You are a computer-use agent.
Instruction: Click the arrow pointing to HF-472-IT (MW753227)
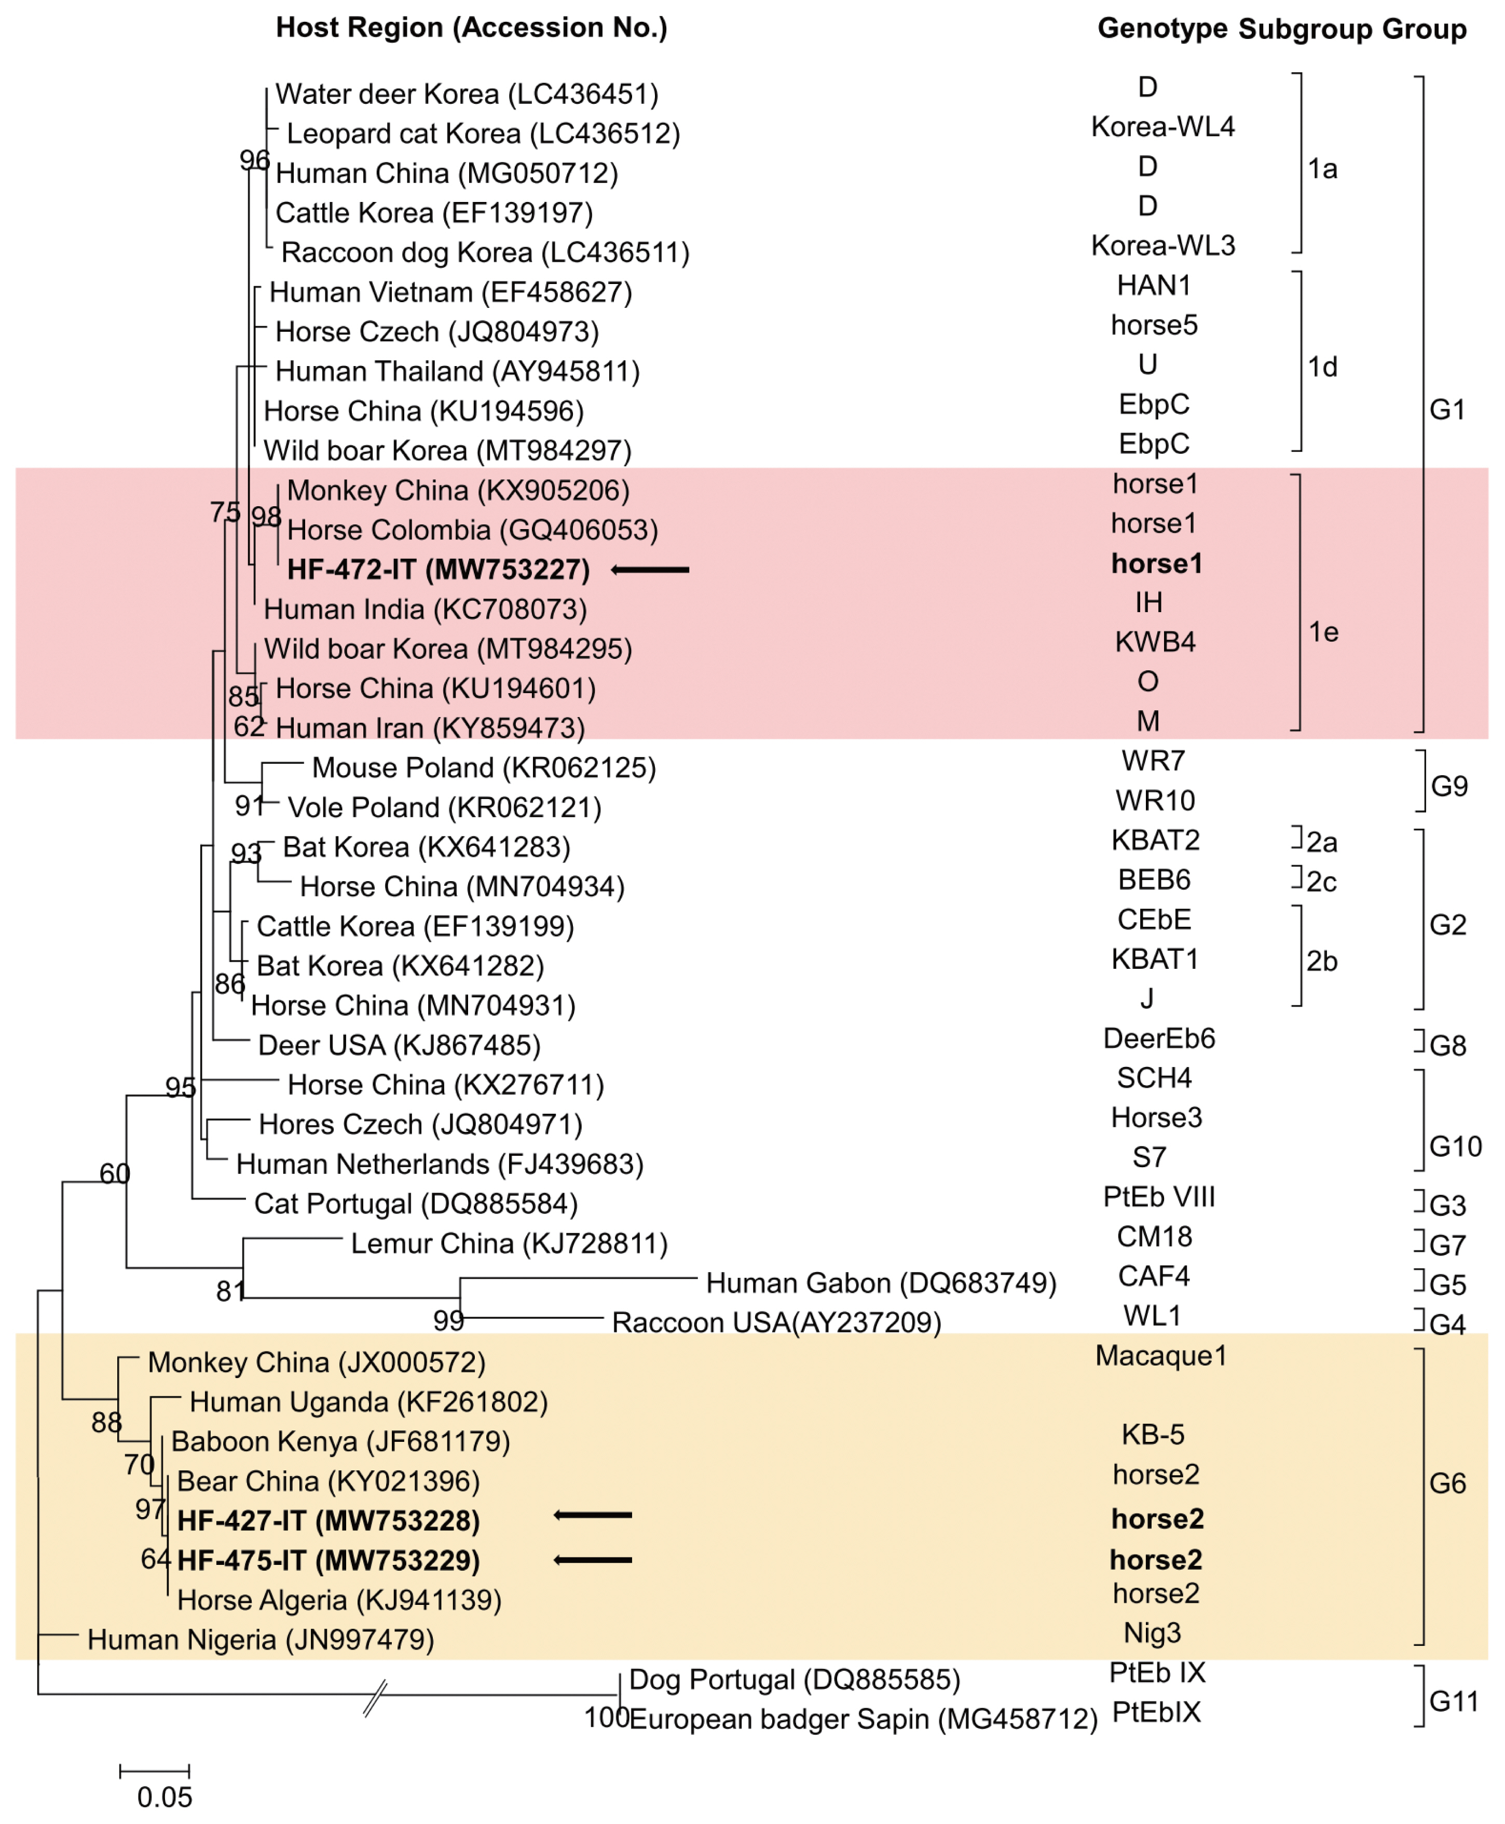(x=650, y=570)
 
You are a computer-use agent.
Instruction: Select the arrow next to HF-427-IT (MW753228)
(x=593, y=1515)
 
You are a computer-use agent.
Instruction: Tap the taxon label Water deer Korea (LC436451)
(x=467, y=93)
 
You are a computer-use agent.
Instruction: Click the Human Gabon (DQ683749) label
(x=881, y=1283)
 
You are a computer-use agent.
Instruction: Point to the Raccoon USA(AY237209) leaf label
(x=776, y=1322)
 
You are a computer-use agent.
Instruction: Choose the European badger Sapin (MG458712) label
(x=863, y=1719)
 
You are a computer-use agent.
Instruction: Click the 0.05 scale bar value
(x=165, y=1797)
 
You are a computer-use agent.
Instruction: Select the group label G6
(x=1448, y=1483)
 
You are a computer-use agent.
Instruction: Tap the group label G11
(x=1454, y=1701)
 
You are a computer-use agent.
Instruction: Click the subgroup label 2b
(x=1322, y=961)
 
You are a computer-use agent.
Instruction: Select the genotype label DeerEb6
(x=1159, y=1038)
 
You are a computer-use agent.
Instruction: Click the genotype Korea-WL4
(x=1162, y=127)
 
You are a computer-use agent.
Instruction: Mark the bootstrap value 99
(x=449, y=1321)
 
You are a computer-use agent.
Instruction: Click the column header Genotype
(x=1161, y=29)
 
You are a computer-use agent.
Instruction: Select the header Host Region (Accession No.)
(x=472, y=28)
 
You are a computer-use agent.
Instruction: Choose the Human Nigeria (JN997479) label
(x=260, y=1639)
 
